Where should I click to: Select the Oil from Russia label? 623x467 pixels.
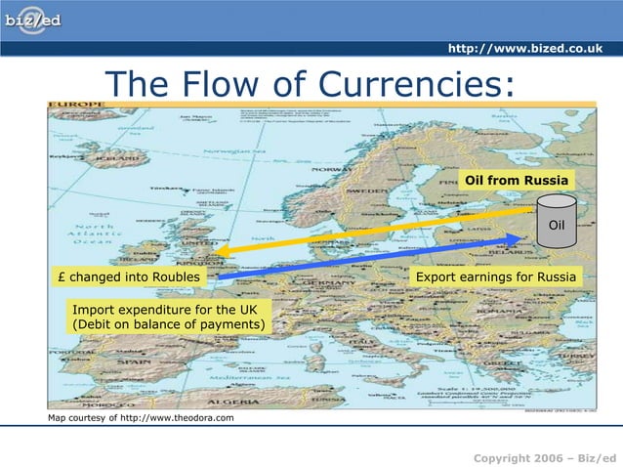point(516,181)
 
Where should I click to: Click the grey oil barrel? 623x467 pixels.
point(556,222)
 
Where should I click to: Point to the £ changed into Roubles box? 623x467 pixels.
point(128,277)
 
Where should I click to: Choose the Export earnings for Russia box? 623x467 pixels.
point(495,277)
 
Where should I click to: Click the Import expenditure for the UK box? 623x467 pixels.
point(169,317)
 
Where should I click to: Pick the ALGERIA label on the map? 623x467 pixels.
point(232,402)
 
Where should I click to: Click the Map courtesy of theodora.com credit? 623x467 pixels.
point(142,419)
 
